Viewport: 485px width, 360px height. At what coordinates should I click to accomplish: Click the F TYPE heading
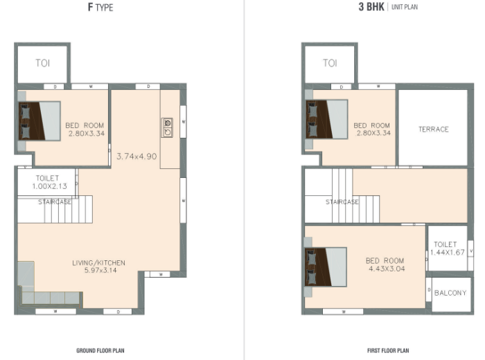(100, 7)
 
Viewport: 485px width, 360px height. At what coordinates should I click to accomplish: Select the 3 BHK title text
(371, 7)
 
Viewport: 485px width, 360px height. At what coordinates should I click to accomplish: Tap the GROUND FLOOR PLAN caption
(100, 350)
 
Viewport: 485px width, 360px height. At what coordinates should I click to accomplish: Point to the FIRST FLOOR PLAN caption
(388, 350)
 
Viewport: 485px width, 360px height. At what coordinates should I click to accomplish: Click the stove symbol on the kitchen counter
(168, 127)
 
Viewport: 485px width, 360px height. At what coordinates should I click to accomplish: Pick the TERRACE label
(433, 129)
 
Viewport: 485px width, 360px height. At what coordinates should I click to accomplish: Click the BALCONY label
(450, 293)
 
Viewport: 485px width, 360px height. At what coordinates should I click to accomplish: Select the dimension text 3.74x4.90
(136, 156)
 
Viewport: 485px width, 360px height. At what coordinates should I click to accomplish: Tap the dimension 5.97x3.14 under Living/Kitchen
(100, 270)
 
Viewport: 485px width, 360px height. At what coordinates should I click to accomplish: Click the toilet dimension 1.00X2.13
(49, 186)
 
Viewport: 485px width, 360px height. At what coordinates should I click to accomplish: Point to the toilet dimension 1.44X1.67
(448, 252)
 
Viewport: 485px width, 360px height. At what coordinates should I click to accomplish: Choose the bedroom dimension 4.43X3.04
(387, 269)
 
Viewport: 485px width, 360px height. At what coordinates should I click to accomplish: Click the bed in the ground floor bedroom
(39, 121)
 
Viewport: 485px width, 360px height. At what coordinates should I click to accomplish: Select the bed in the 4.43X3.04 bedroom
(326, 267)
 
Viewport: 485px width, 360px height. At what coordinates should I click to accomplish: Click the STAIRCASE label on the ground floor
(55, 201)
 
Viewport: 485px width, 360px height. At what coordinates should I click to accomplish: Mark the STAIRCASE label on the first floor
(342, 201)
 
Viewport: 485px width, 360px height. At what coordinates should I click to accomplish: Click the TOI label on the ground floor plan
(43, 63)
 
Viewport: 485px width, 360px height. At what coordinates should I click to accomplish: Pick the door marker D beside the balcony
(429, 289)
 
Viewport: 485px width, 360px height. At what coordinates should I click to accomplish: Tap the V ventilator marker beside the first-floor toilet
(470, 251)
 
